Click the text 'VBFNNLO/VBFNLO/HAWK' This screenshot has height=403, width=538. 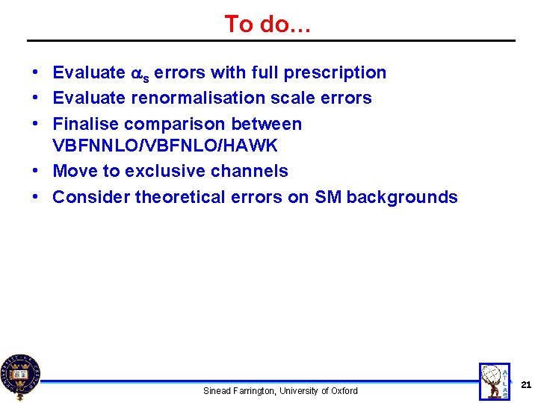tap(165, 146)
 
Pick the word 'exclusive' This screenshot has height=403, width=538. tap(161, 171)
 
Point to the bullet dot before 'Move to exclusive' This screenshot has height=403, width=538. tap(36, 171)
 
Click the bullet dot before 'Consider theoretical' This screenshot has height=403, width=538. tap(36, 197)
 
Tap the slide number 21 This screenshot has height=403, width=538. tap(525, 385)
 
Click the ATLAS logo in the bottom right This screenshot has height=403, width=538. tap(495, 382)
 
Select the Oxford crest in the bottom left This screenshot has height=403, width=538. tap(20, 376)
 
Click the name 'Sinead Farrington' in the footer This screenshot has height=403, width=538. tap(238, 391)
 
